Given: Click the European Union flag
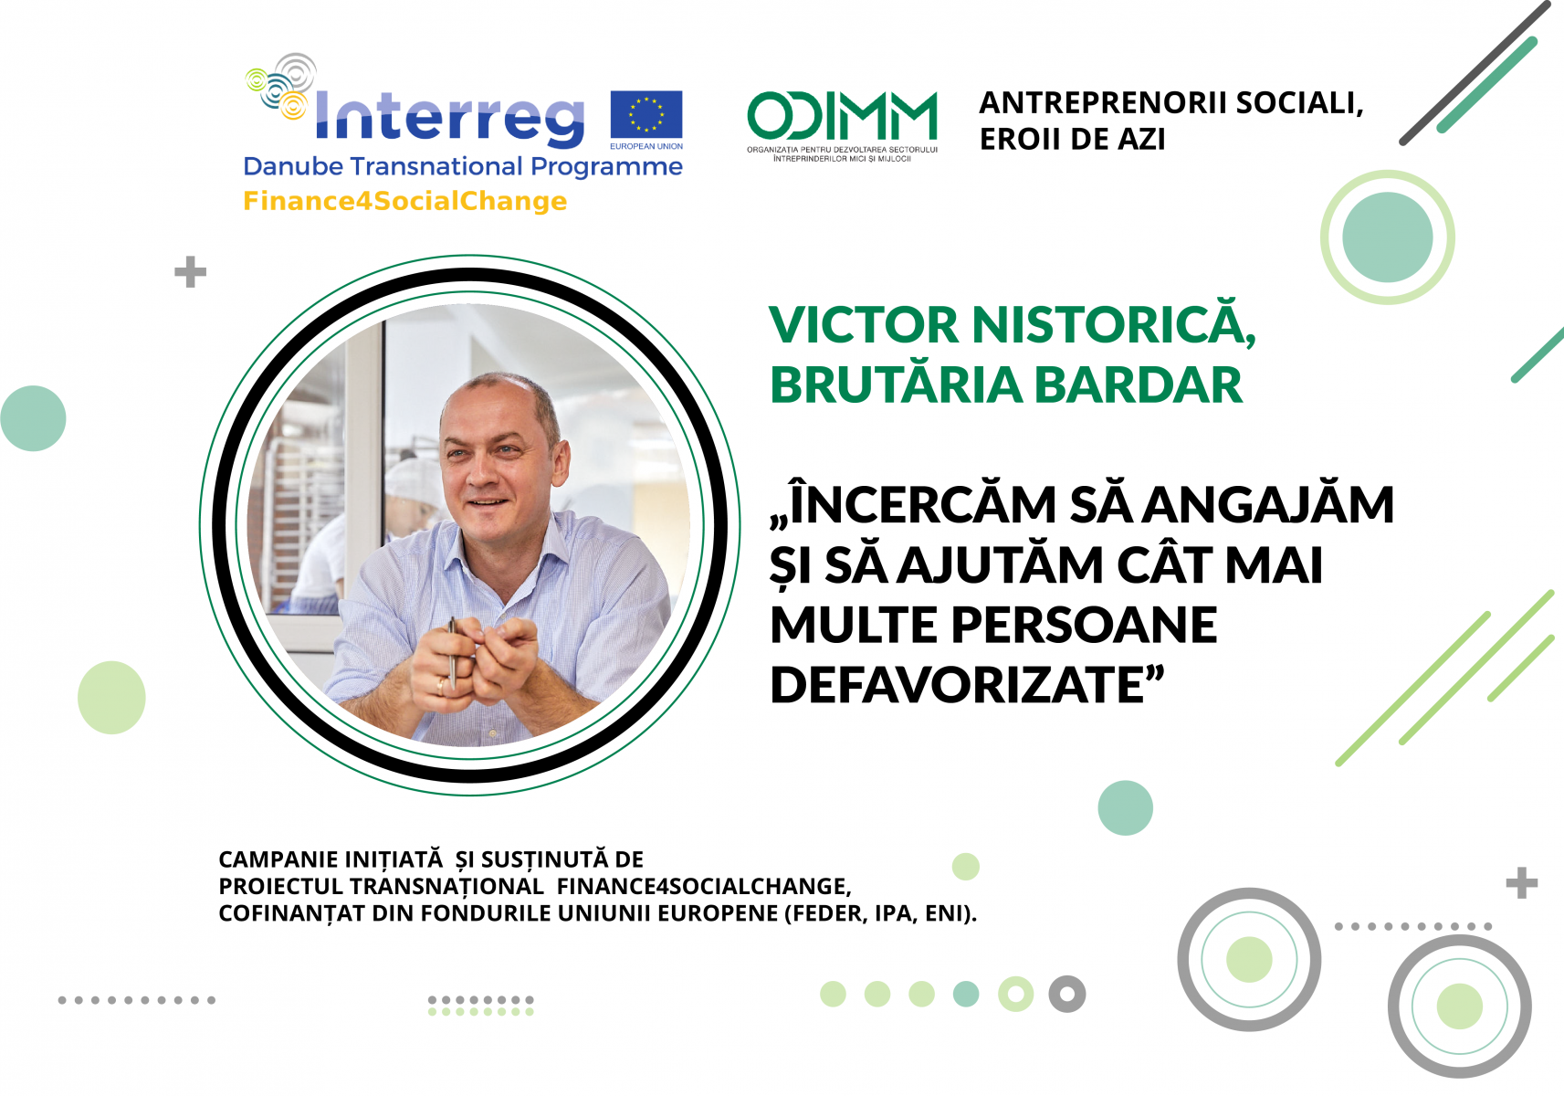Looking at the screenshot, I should (x=646, y=115).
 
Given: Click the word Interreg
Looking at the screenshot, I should (x=449, y=118).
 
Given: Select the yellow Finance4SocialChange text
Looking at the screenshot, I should (x=404, y=201).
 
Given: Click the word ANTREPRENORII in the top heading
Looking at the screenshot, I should (x=1102, y=103).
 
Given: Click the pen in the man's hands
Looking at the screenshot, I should (x=452, y=650).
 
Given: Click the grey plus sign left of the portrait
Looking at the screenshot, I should (x=190, y=272).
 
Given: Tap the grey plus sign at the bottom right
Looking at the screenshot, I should (x=1521, y=883).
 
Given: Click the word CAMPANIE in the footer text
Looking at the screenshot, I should (x=279, y=860).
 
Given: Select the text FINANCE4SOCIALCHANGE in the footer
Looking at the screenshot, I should (x=703, y=887).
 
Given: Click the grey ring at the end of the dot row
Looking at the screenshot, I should (x=1066, y=994).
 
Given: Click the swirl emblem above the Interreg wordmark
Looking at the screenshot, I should (x=282, y=85).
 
